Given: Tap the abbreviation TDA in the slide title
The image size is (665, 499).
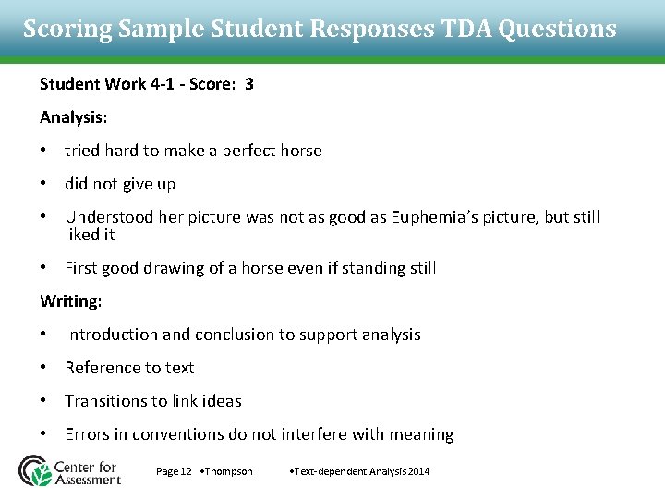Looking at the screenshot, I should point(465,30).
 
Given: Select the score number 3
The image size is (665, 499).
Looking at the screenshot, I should point(249,84).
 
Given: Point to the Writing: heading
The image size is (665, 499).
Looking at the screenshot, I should point(71,301).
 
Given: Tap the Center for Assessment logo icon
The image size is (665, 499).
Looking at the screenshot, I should point(36,470).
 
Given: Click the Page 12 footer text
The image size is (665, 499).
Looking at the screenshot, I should point(174,471).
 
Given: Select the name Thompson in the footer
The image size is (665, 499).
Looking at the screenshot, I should point(228,471).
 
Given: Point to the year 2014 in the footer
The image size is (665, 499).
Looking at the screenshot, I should point(418,471).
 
